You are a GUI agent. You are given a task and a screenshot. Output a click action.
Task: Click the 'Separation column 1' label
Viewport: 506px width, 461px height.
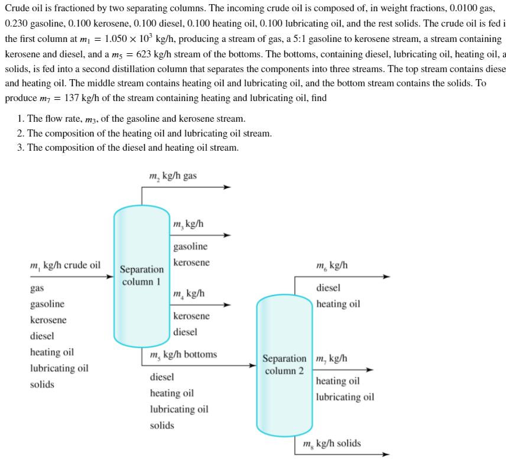coord(142,275)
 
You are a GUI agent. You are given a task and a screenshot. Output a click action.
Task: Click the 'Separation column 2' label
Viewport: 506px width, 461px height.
coord(284,365)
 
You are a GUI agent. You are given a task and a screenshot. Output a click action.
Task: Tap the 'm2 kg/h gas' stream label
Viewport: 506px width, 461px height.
coord(173,176)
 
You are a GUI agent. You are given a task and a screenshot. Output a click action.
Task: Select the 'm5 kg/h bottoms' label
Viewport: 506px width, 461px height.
coord(183,355)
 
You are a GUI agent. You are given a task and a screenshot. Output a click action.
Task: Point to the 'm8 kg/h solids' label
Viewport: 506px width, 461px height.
coord(331,444)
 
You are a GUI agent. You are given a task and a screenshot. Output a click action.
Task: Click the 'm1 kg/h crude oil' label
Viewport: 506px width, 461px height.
coord(65,265)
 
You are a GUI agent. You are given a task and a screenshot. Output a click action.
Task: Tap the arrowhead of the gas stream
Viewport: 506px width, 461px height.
coord(227,187)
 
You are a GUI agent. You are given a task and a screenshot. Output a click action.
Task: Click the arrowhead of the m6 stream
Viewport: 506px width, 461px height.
coord(387,276)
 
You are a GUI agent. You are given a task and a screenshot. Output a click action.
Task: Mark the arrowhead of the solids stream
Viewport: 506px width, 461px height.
coord(387,454)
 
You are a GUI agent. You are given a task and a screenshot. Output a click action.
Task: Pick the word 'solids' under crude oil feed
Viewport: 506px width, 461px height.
coord(42,385)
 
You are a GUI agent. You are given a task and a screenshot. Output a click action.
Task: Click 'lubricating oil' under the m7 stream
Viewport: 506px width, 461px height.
coord(345,397)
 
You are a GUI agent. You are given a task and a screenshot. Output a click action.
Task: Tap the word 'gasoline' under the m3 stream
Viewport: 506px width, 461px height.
coord(190,246)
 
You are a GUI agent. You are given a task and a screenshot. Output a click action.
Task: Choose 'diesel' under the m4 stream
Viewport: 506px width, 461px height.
coord(185,332)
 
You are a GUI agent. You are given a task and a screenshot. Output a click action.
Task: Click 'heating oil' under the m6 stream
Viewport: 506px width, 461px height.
coord(338,304)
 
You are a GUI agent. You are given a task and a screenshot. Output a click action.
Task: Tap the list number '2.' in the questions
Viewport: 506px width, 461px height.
coord(21,134)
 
